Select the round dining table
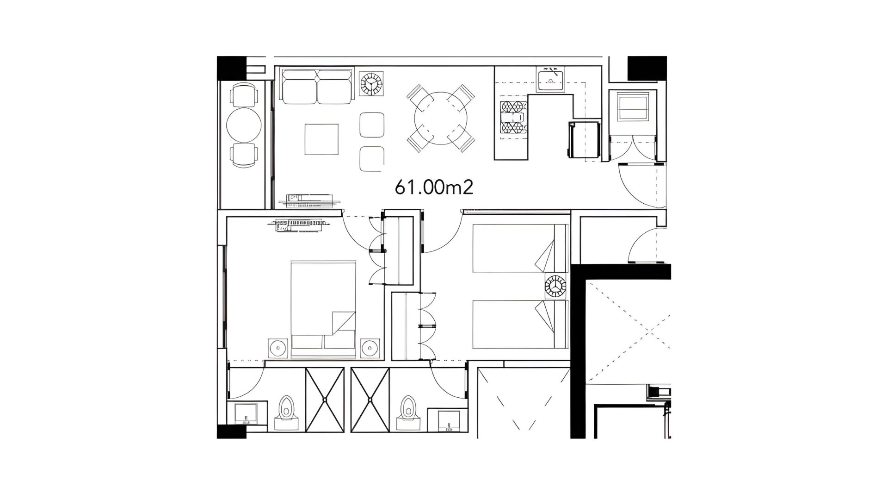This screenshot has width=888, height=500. point(441,118)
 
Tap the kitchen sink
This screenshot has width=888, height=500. point(550,79)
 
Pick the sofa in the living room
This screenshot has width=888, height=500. point(317,87)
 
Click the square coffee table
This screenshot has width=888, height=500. point(322,139)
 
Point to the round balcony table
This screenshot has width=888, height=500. point(244,125)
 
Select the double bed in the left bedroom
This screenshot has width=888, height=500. point(323,309)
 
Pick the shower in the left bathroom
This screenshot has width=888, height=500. point(325,400)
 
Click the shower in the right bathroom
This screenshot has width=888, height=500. point(370,400)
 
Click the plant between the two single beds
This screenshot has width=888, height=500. point(555,286)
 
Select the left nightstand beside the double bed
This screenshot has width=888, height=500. point(278,348)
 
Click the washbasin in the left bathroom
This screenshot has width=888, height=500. point(247,413)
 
